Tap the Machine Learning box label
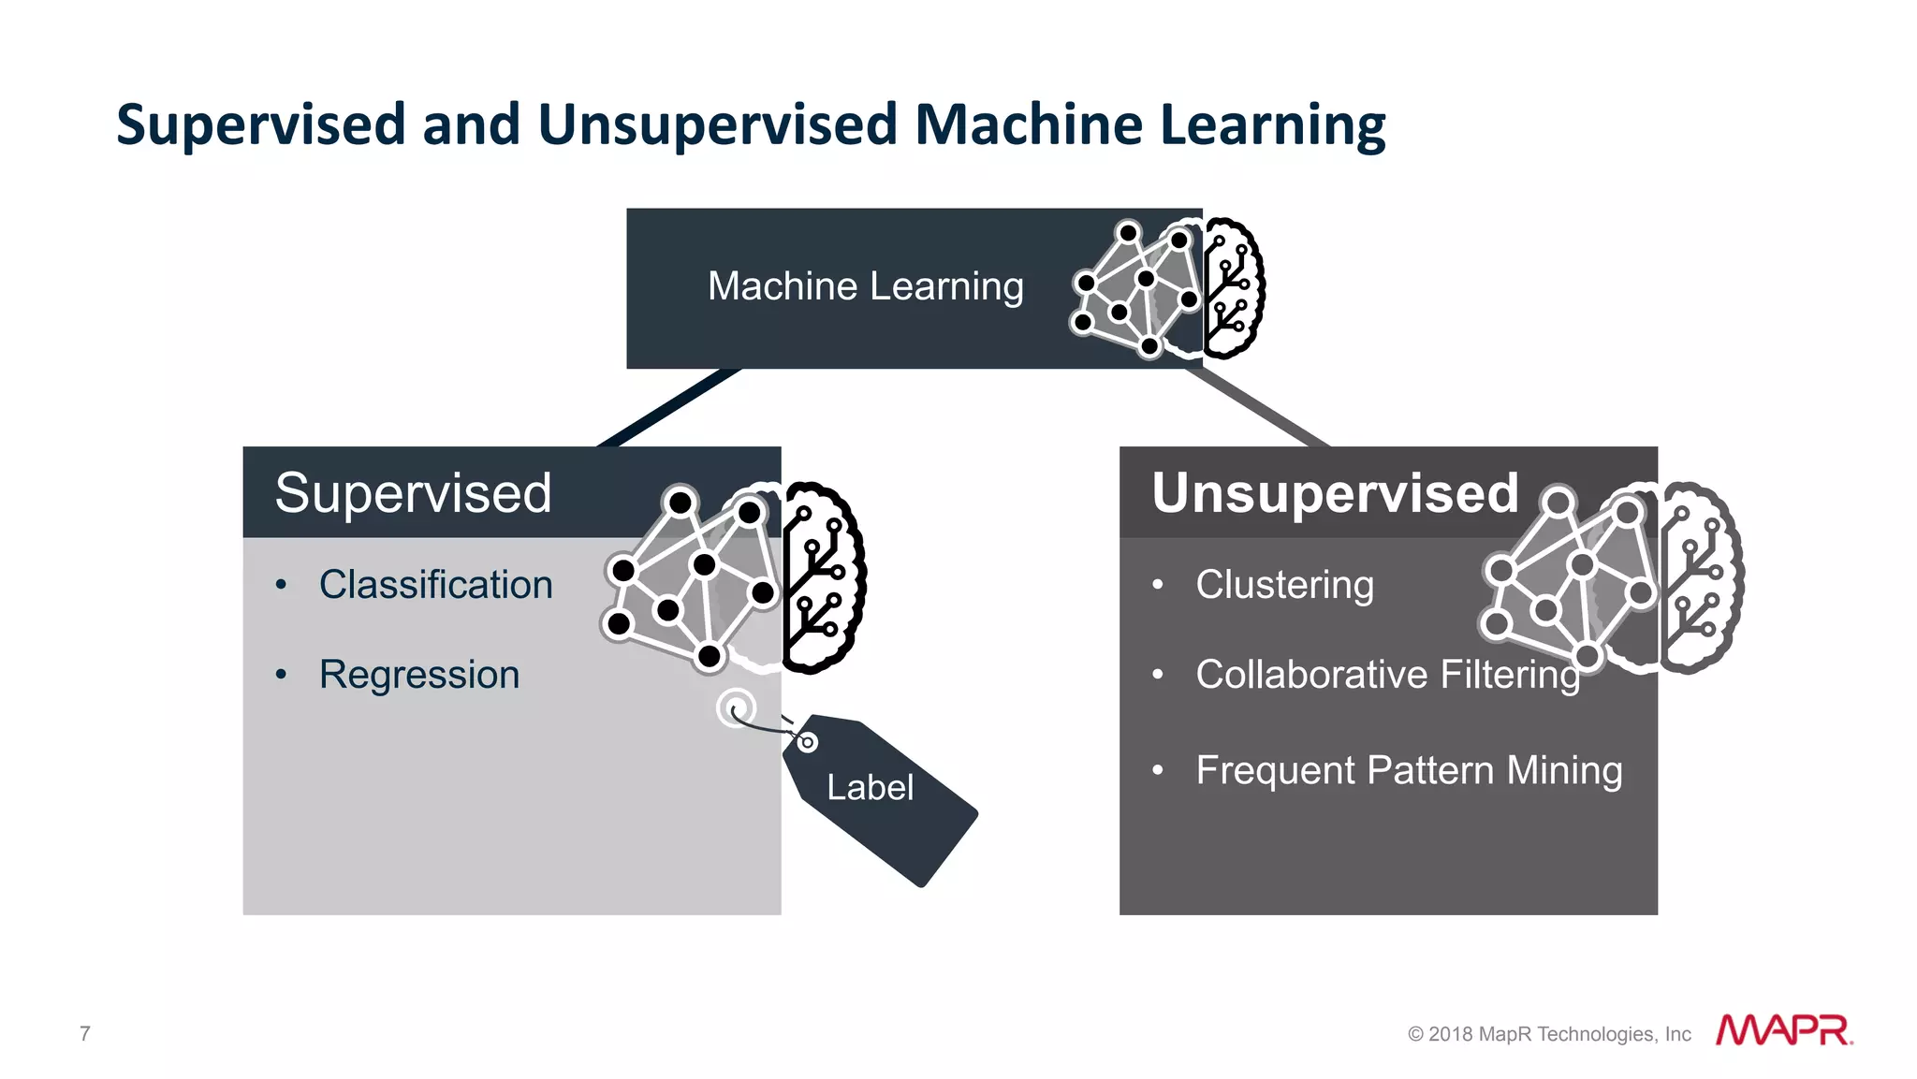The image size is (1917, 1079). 865,286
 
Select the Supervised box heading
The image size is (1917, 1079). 413,493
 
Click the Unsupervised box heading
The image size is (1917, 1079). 1335,493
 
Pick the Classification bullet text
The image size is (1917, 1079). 435,585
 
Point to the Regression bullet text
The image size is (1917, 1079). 418,675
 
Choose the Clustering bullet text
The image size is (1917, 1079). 1284,585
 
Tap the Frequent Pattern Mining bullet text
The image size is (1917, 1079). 1409,771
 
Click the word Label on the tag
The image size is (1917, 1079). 870,788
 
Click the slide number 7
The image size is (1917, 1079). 85,1033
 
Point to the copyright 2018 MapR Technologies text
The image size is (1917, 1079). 1549,1034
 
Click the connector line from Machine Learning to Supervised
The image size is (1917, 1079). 669,408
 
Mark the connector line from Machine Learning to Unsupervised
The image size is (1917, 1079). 1260,408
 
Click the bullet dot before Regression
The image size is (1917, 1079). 281,675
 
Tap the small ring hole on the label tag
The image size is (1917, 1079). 807,742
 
